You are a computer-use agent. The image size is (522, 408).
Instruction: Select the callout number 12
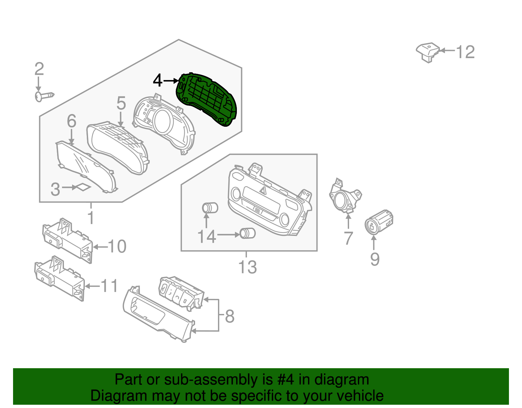point(465,52)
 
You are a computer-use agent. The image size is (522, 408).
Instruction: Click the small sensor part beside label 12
point(428,52)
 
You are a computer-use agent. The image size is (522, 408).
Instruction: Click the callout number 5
point(121,103)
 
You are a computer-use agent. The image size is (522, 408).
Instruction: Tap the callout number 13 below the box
point(248,267)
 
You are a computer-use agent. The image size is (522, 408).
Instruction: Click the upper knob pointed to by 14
point(210,208)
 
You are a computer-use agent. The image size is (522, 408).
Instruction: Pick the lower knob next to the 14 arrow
point(248,233)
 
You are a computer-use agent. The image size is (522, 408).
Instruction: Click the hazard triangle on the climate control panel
point(263,190)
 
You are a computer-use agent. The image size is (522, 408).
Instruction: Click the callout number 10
point(117,246)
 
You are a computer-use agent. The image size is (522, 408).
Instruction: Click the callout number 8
point(230,316)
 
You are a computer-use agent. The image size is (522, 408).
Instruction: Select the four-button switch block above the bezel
point(180,291)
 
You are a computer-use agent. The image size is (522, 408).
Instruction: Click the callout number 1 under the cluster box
point(91,218)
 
